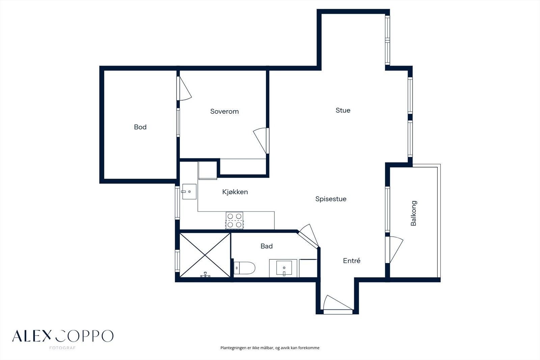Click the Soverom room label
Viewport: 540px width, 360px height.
(x=224, y=111)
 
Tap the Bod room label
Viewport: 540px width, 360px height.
(x=140, y=127)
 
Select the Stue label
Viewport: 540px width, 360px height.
(x=343, y=110)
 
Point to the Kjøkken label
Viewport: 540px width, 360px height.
(x=235, y=192)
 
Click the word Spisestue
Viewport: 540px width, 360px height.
(x=331, y=199)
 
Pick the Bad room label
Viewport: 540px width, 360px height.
(x=267, y=246)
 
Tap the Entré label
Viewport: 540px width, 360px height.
(x=352, y=261)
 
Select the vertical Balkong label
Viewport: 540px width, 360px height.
(x=413, y=213)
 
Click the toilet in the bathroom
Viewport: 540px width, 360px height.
(x=244, y=268)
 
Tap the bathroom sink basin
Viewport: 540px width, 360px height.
(x=284, y=268)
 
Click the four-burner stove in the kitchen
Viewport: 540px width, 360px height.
(x=234, y=220)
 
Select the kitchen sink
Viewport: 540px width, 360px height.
(x=189, y=191)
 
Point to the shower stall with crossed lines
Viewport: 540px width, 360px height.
(x=205, y=255)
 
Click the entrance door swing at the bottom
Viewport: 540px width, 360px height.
(x=337, y=303)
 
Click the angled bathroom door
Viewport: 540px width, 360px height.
(x=308, y=236)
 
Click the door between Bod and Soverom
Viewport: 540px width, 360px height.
(x=184, y=88)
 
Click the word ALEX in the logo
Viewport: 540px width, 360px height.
(x=32, y=336)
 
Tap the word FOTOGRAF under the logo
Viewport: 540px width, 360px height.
(x=62, y=348)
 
